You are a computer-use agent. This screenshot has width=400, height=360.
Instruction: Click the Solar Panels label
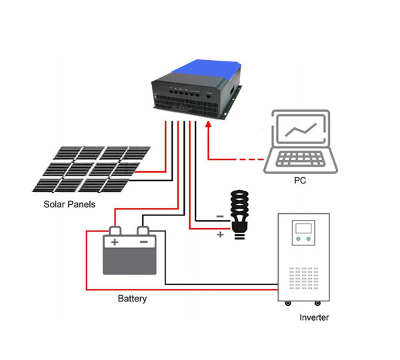[70, 204]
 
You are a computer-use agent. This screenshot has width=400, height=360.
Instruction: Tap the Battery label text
[132, 299]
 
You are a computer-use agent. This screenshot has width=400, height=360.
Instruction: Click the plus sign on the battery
[115, 243]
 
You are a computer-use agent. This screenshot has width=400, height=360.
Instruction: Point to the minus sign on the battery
[143, 243]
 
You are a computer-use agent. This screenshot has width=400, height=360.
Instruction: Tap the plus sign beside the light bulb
[220, 234]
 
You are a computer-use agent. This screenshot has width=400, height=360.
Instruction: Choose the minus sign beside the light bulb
[220, 216]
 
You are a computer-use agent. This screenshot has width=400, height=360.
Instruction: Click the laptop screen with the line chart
[299, 129]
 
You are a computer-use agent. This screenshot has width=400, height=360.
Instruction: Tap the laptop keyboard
[299, 159]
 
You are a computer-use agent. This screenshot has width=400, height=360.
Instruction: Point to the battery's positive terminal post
[115, 230]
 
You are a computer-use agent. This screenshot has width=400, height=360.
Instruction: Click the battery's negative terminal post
[143, 230]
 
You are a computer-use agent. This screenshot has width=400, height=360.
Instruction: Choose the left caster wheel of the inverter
[287, 304]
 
